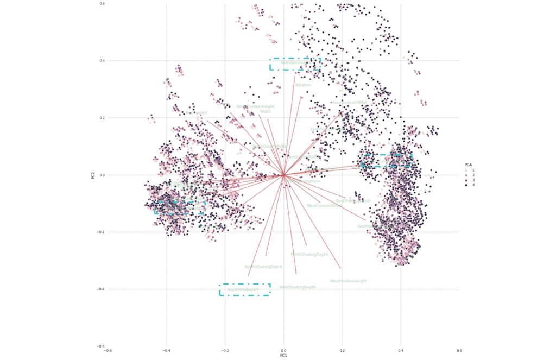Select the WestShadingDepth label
pos(298,287)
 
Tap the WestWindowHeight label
pos(348,281)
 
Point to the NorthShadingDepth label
pos(309,255)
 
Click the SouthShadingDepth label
pos(263,267)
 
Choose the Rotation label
pos(303,85)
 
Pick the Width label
pos(265,111)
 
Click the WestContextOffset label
pos(324,206)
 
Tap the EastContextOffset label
pos(349,103)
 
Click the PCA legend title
pos(467,165)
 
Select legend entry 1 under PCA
pos(473,170)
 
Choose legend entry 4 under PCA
pos(473,185)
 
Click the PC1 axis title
pos(283,356)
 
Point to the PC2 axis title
pos(93,175)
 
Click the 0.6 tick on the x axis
pos(459,351)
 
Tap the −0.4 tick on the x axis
pos(166,351)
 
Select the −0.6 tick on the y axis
pos(101,346)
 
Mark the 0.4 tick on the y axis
pos(102,61)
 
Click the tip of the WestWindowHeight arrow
pos(340,268)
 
